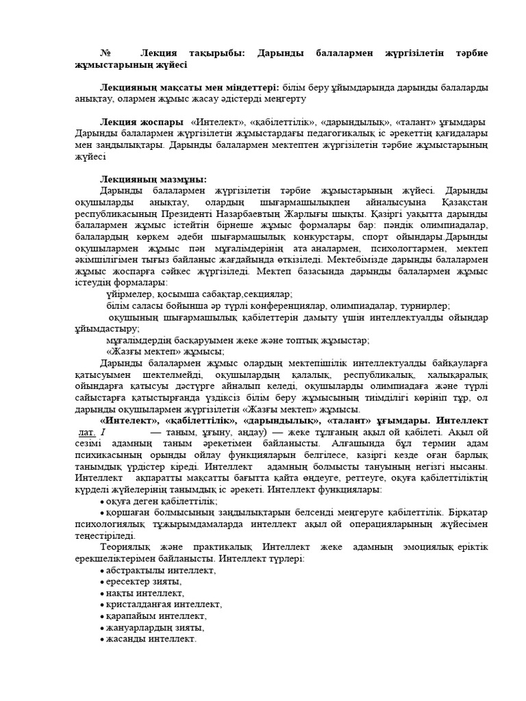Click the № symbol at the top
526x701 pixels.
(x=105, y=53)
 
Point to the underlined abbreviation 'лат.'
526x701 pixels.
(x=86, y=433)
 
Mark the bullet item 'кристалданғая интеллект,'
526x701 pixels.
(x=164, y=604)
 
